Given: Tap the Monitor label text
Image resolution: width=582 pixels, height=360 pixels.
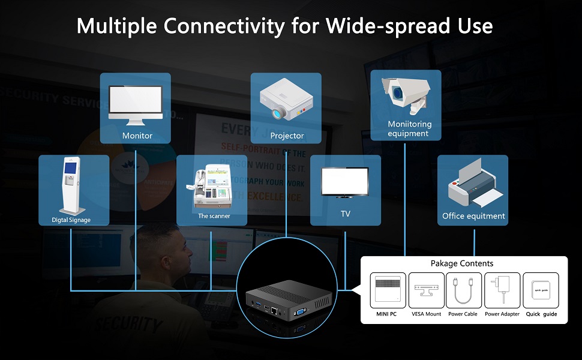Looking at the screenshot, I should [x=137, y=136].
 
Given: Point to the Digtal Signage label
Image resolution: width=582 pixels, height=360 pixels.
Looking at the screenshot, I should [x=71, y=220].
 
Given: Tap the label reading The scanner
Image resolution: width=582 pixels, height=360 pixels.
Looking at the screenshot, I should [x=214, y=216].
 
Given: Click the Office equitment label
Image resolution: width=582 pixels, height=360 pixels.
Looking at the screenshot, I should [x=473, y=216].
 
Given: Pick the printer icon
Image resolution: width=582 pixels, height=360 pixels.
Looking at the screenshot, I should [x=473, y=184].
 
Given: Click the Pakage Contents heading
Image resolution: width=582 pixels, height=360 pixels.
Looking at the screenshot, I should [x=461, y=263].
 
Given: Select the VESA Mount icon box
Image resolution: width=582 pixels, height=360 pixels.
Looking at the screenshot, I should [x=426, y=291].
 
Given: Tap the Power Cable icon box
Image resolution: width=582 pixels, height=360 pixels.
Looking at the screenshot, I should [x=463, y=291].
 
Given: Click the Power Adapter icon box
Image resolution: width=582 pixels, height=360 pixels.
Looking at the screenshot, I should [x=501, y=291].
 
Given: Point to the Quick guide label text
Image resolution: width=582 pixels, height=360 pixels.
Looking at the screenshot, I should [x=541, y=314].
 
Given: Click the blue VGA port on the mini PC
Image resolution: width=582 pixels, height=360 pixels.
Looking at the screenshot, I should [x=299, y=312].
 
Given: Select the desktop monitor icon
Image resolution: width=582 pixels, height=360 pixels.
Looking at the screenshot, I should [x=135, y=104].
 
